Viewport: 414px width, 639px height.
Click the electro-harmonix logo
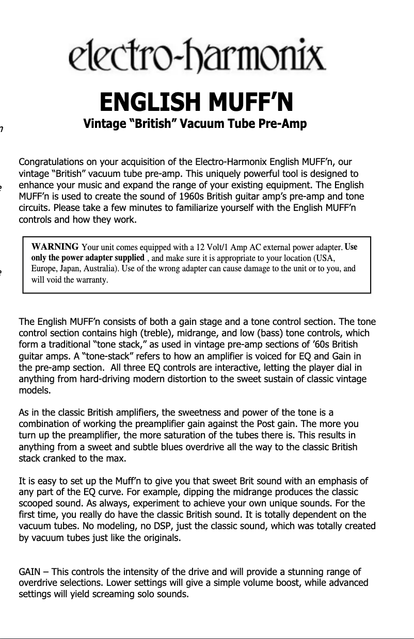click(x=197, y=56)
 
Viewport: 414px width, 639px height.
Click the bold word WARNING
click(x=55, y=246)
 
